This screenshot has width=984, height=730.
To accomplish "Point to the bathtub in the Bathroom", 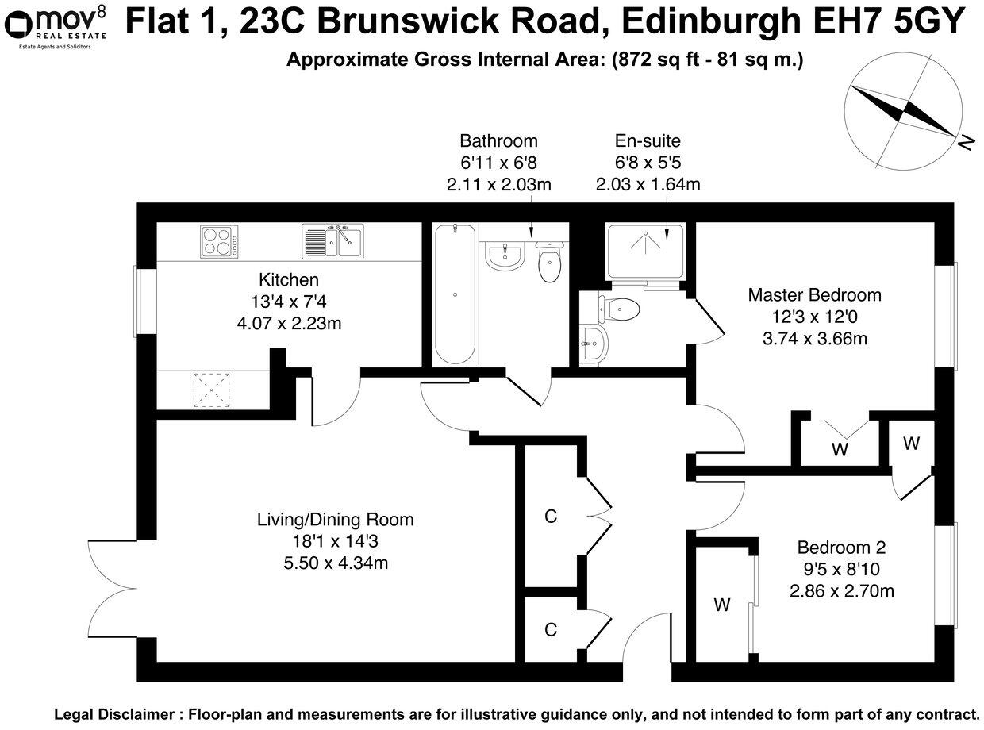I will [455, 294].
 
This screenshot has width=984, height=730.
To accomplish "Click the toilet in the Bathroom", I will [549, 263].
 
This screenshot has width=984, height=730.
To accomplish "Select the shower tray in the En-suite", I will [644, 251].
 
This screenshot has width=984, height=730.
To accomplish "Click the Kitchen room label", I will [289, 279].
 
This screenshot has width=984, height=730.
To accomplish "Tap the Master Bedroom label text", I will [814, 295].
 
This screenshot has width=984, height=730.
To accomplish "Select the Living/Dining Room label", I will [335, 521].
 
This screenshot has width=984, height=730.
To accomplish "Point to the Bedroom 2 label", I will [841, 547].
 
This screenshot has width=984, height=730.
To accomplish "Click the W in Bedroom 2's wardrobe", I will [721, 605].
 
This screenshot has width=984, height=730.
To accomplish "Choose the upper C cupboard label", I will [551, 517].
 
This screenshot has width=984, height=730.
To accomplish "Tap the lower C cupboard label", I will [551, 630].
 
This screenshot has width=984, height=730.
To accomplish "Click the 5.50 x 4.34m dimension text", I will [335, 563].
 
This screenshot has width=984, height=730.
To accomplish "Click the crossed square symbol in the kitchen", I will [211, 390].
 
